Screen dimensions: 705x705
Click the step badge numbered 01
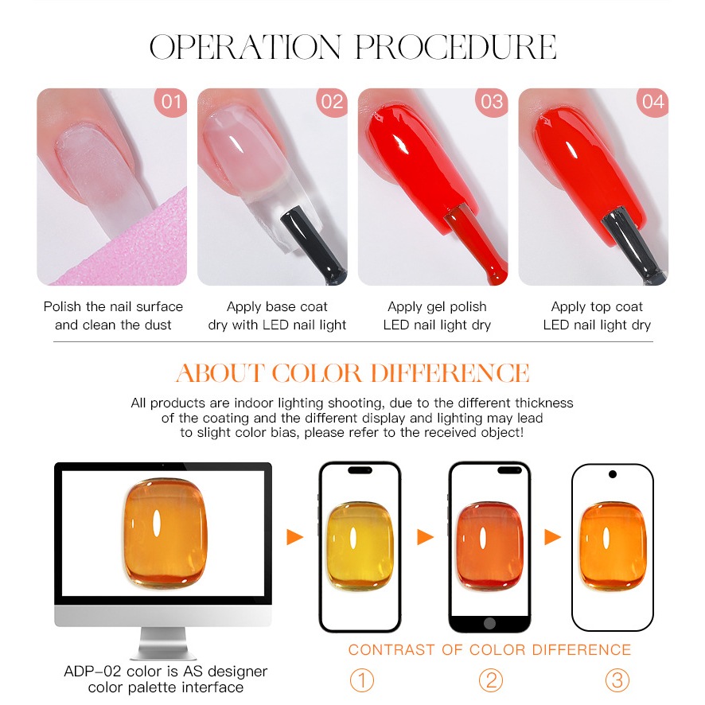(171, 102)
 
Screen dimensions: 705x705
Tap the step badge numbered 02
(333, 102)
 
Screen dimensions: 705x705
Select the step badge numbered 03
(492, 102)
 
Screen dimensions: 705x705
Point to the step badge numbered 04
(652, 102)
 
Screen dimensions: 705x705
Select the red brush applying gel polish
(477, 243)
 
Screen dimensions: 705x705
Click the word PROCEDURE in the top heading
(456, 47)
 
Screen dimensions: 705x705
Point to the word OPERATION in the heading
(246, 47)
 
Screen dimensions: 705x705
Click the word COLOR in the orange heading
(317, 373)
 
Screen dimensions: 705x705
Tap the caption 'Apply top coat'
(597, 306)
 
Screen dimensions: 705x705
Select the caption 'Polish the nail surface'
(113, 306)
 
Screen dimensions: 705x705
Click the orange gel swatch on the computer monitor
(165, 533)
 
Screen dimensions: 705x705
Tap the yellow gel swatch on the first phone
(359, 546)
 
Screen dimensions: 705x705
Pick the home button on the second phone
(489, 623)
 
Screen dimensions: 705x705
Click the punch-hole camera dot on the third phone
(613, 474)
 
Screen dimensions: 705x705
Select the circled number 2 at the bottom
(490, 680)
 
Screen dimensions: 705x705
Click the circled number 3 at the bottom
(617, 680)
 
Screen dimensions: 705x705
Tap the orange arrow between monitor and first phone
(295, 537)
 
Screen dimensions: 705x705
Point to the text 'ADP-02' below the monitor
(92, 672)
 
